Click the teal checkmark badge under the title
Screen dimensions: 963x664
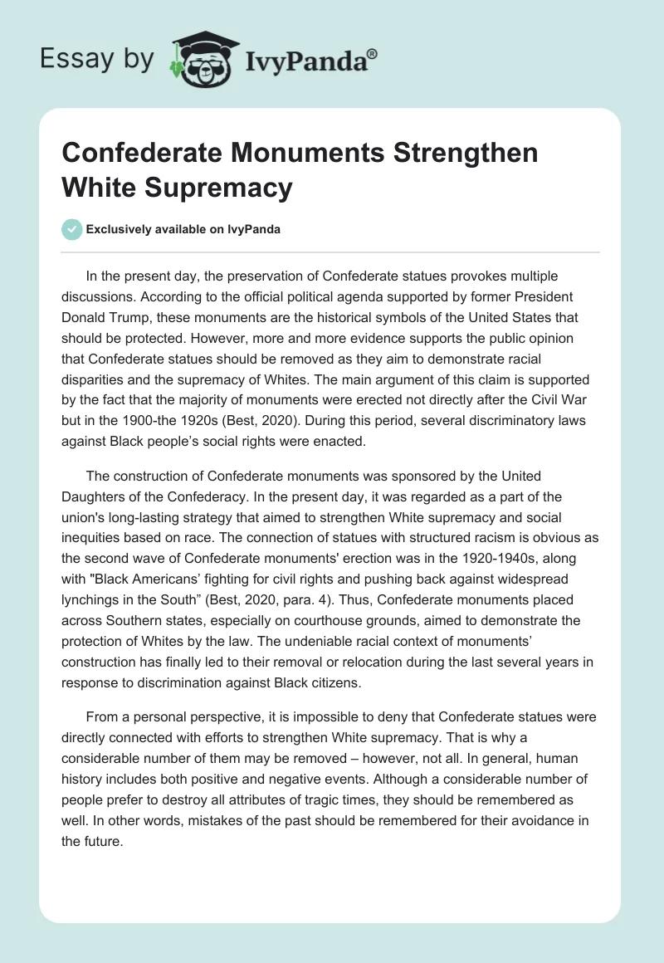[72, 229]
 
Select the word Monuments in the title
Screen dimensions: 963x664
[281, 154]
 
